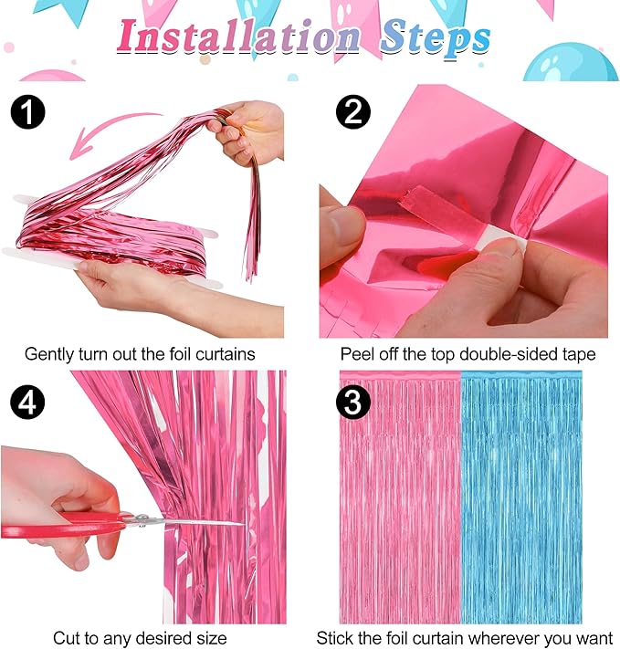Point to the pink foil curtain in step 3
[399, 493]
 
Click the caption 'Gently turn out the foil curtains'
[140, 353]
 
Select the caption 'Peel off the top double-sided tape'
[468, 353]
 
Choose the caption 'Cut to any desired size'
[140, 637]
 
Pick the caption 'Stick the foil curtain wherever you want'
[466, 637]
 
